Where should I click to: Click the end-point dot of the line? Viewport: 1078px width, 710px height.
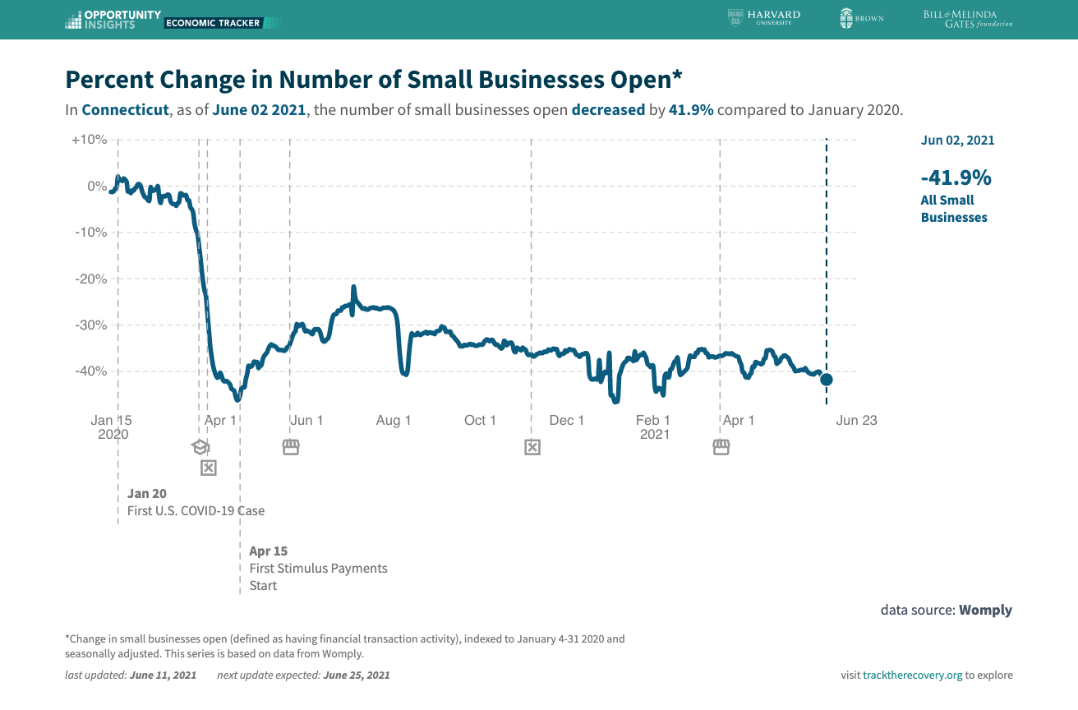click(x=827, y=380)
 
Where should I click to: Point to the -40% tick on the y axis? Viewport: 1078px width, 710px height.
click(x=90, y=371)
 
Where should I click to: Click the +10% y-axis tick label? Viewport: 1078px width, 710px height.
click(x=90, y=140)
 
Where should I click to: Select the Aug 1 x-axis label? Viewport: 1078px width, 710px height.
click(x=394, y=421)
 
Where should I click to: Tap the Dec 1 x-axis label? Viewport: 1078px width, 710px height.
click(x=567, y=421)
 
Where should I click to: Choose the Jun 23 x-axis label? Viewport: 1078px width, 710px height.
click(x=856, y=421)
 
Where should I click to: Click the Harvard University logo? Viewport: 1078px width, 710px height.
click(x=764, y=17)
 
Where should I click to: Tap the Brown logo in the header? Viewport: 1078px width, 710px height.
click(x=861, y=18)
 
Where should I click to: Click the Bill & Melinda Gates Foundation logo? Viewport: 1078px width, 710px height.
click(x=967, y=18)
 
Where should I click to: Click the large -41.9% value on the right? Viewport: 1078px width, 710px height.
click(x=956, y=177)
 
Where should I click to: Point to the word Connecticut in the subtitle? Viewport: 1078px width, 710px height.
click(x=125, y=110)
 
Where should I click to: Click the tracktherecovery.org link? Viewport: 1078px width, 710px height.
click(x=912, y=675)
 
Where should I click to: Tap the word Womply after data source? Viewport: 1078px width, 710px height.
click(x=985, y=610)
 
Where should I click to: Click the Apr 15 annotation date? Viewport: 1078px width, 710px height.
click(x=269, y=551)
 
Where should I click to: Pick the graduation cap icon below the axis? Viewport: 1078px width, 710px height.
click(x=200, y=447)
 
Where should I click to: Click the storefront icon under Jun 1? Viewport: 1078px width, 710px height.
click(x=290, y=447)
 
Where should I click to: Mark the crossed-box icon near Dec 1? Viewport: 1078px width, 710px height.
click(x=532, y=447)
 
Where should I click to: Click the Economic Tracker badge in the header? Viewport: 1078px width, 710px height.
click(x=213, y=23)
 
